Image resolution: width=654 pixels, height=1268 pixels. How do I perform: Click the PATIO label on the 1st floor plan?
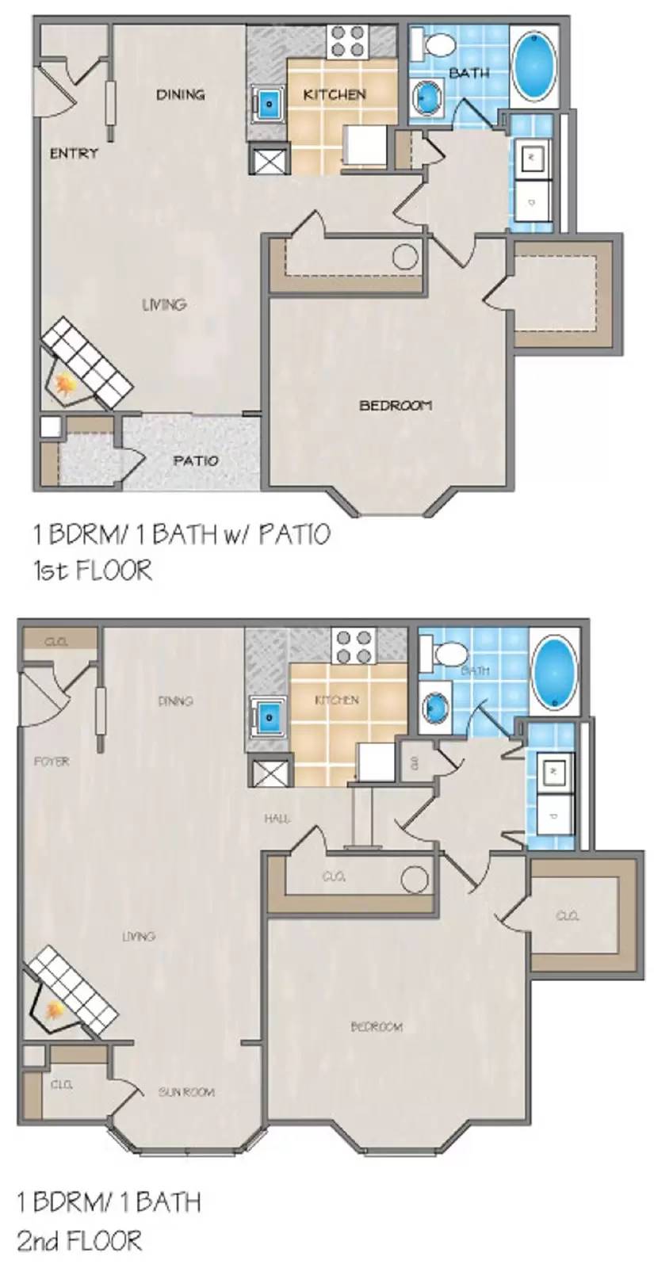(x=196, y=460)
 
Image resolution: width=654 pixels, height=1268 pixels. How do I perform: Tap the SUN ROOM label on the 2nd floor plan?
(x=186, y=1092)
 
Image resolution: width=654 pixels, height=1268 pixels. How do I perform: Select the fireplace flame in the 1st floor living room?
(x=63, y=384)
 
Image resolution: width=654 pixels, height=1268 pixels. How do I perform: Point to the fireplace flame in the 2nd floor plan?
(x=55, y=1011)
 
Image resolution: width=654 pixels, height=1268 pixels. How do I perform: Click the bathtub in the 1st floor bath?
(x=535, y=67)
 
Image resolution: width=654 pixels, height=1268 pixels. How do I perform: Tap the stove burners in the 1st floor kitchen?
(x=346, y=41)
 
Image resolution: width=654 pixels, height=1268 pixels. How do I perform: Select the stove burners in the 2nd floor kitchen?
(x=354, y=646)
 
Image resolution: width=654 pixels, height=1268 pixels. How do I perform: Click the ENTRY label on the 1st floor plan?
(x=74, y=154)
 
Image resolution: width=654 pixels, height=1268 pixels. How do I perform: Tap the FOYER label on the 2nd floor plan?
(x=52, y=762)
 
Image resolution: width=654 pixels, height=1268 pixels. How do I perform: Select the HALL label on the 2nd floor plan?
(x=277, y=819)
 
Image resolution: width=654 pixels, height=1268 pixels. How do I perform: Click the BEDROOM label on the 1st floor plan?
(x=396, y=406)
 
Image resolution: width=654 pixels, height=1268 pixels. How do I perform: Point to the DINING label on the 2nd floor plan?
(x=175, y=701)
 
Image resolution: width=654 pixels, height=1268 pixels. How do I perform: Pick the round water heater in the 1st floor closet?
(x=405, y=257)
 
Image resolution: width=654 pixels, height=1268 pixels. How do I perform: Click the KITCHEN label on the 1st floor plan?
(x=334, y=94)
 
